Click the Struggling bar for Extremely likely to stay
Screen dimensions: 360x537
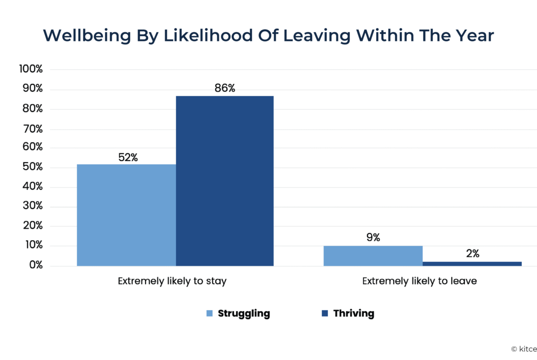coord(126,215)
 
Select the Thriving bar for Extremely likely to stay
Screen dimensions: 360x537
coord(225,181)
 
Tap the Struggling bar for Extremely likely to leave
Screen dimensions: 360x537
coord(373,256)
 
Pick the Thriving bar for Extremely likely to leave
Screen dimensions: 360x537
coord(472,264)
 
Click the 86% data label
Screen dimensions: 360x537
coord(225,89)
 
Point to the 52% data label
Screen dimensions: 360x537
coord(128,157)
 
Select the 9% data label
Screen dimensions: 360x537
coord(373,238)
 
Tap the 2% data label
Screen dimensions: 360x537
coord(472,254)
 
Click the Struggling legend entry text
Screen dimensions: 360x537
coord(244,314)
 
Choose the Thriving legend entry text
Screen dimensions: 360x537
coord(354,314)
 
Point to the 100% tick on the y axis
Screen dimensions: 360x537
coord(31,69)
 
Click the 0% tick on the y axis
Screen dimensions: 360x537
coord(35,265)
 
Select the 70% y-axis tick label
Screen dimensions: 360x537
coord(33,129)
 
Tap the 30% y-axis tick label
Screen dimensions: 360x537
coord(33,207)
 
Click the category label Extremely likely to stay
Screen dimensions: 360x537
coord(172,282)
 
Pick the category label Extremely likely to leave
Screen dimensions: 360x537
coord(420,282)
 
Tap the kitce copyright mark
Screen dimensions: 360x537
coord(524,349)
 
